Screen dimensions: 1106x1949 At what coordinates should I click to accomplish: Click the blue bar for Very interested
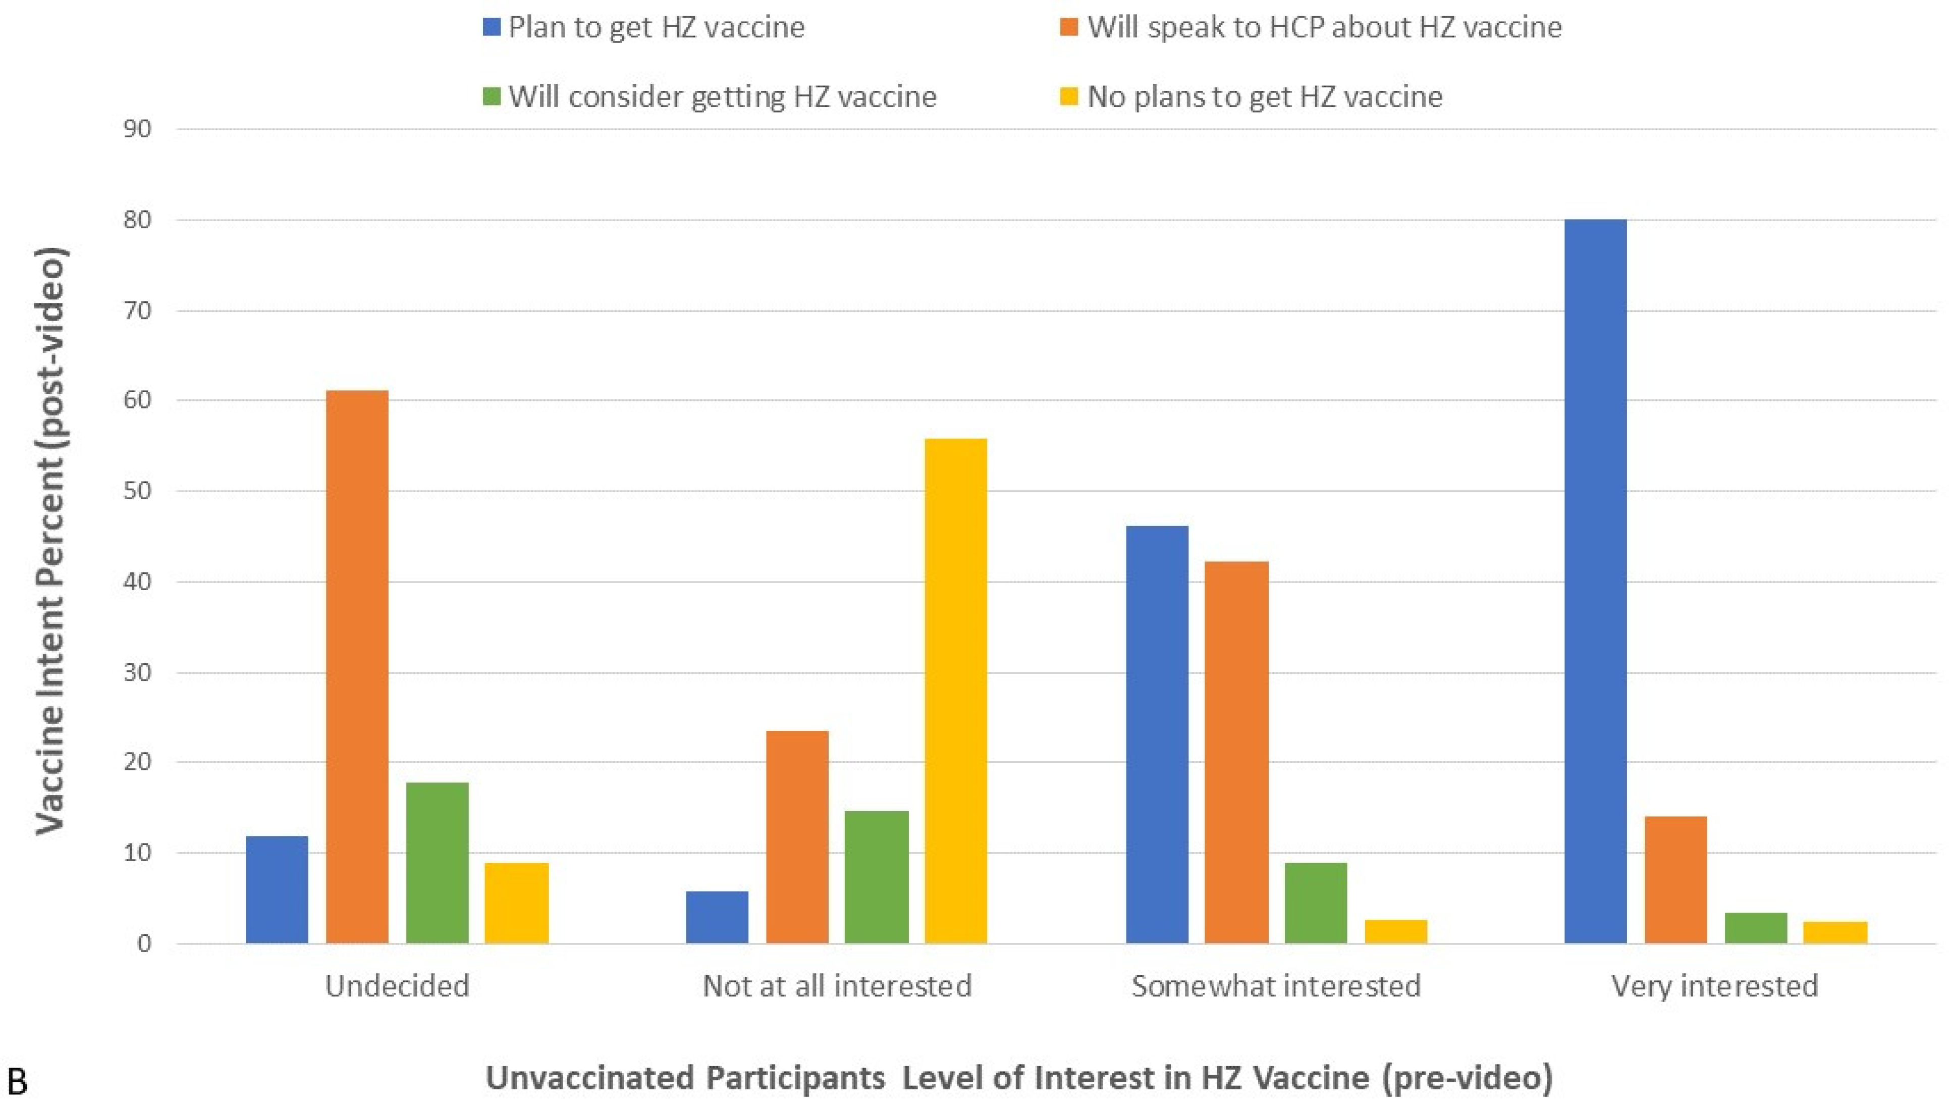[1595, 581]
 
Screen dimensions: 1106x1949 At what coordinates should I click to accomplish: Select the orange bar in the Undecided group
[357, 667]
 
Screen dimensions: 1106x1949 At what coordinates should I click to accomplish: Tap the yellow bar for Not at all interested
[955, 691]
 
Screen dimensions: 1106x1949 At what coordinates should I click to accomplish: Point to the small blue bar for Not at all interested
[717, 918]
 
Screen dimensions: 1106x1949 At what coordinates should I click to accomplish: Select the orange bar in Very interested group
[1675, 880]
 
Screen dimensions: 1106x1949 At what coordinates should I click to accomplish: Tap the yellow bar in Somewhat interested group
[1395, 932]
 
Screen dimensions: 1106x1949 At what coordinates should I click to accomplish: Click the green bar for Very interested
[1755, 928]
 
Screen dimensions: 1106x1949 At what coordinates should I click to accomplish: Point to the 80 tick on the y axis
[137, 220]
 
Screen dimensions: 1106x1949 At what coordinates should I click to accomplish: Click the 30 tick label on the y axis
[137, 673]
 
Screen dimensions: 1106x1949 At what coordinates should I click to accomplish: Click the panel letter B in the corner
[17, 1082]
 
